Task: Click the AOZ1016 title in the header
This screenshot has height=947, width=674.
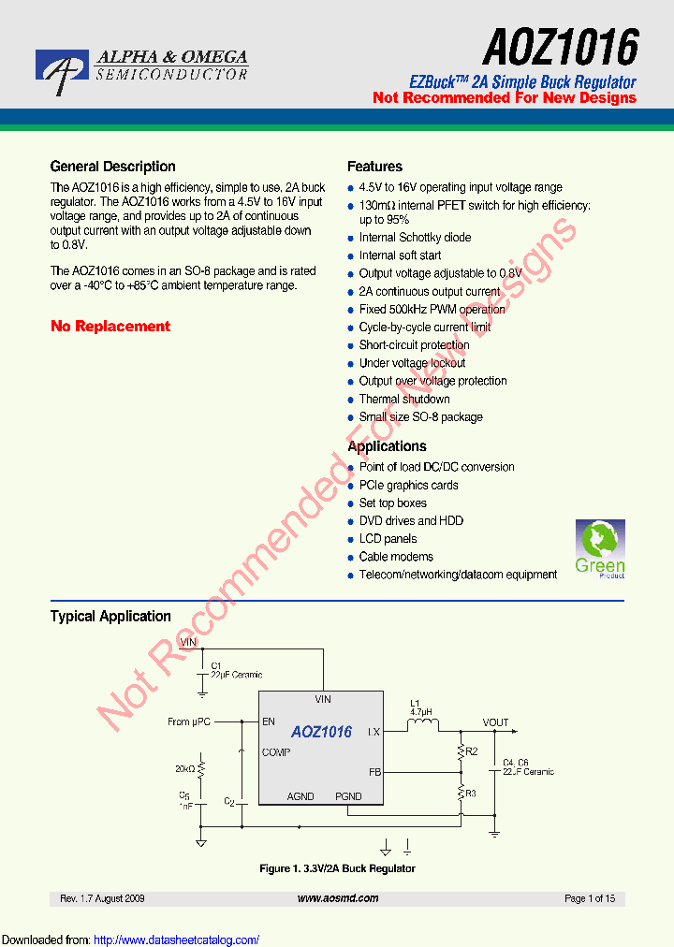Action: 561,46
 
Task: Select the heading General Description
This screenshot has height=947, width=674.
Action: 112,167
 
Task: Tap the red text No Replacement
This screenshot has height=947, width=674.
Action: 110,327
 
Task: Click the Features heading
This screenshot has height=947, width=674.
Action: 374,167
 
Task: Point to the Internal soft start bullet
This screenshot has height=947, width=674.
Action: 400,255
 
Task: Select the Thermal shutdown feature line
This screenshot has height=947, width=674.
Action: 404,399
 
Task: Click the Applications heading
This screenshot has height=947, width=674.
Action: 387,446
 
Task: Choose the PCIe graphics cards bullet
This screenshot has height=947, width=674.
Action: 408,485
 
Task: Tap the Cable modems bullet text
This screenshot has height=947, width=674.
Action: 396,557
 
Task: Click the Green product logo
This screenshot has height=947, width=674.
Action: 599,549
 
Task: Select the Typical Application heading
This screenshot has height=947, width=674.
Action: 110,617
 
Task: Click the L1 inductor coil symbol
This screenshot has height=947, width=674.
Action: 421,722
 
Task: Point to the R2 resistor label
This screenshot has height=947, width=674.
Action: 472,751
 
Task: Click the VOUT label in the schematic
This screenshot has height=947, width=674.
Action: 495,722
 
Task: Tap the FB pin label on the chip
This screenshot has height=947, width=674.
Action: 374,773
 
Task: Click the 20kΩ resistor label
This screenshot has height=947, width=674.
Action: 184,769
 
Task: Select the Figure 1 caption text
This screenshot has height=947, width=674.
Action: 337,868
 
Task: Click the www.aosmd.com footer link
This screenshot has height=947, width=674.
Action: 338,898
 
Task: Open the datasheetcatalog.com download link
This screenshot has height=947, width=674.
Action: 177,940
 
